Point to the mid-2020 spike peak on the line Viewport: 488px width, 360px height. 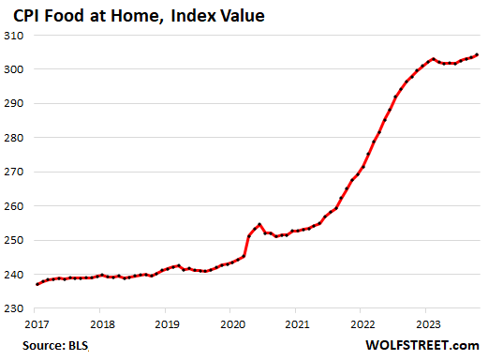pyautogui.click(x=259, y=225)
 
